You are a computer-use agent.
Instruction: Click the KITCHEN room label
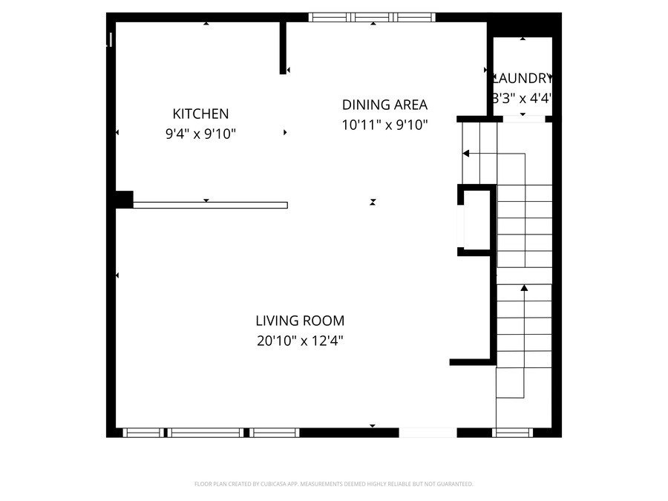200,114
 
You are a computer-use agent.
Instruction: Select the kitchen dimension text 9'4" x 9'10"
200,134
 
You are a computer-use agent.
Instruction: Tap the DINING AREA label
384,105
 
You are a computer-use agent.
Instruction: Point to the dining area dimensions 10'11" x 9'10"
384,125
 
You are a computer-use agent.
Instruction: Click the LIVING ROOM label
300,321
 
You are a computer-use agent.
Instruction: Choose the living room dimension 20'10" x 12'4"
300,341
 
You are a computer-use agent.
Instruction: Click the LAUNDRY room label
523,78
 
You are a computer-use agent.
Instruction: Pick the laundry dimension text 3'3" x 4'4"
523,97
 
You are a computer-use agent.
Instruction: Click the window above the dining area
372,17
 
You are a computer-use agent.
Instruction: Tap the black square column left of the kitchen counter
124,200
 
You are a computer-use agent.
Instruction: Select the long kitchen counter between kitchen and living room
210,205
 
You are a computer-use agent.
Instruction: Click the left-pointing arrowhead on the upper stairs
466,154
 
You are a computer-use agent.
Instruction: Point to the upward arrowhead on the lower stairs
524,287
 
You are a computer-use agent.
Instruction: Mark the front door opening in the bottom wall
428,433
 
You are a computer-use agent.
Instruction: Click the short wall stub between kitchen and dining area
283,48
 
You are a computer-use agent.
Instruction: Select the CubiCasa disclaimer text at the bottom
333,484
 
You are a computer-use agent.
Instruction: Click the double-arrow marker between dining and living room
373,202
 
